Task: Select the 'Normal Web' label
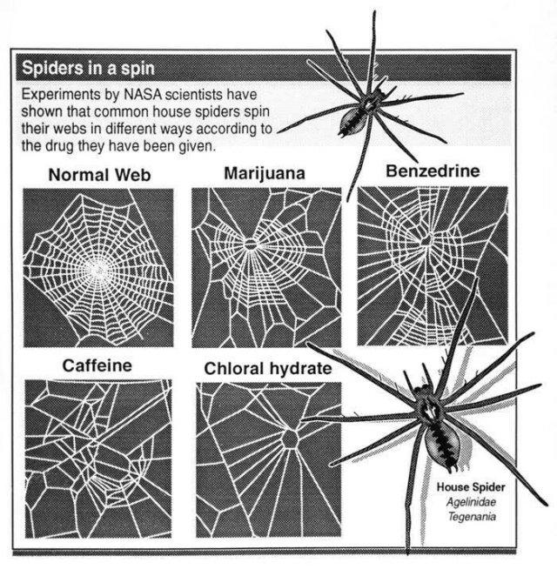pyautogui.click(x=100, y=175)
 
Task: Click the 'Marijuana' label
pyautogui.click(x=265, y=173)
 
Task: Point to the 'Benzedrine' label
pyautogui.click(x=432, y=171)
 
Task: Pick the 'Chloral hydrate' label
pyautogui.click(x=268, y=369)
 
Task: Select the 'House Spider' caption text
pyautogui.click(x=470, y=488)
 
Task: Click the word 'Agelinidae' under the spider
pyautogui.click(x=470, y=501)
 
